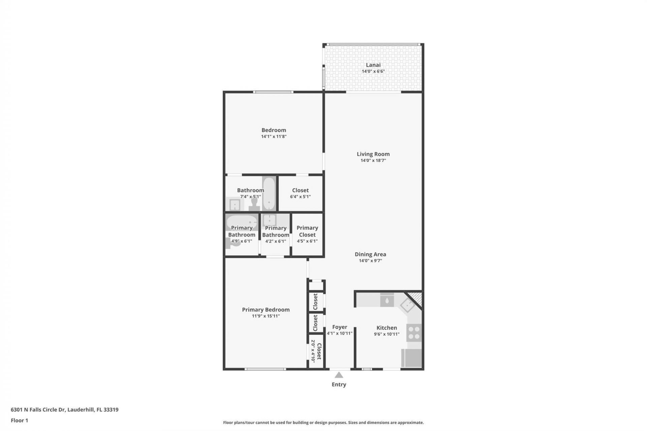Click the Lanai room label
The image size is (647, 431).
click(373, 65)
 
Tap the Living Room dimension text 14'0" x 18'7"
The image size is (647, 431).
click(373, 160)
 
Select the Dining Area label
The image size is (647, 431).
click(370, 254)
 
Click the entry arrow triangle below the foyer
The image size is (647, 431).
click(339, 375)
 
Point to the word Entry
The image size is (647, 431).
click(339, 384)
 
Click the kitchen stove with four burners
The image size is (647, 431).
click(414, 332)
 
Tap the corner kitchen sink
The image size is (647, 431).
click(407, 305)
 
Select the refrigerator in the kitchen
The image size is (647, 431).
click(411, 358)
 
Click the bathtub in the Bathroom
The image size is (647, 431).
click(269, 193)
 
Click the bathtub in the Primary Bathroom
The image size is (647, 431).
click(241, 222)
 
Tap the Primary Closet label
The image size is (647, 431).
click(307, 231)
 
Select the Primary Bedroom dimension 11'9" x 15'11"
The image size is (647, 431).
click(266, 316)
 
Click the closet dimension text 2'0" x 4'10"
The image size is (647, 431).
click(313, 351)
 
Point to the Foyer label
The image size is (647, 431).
click(339, 327)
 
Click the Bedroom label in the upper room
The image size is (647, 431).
click(274, 130)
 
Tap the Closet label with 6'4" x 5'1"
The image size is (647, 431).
click(300, 190)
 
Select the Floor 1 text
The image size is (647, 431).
click(19, 420)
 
